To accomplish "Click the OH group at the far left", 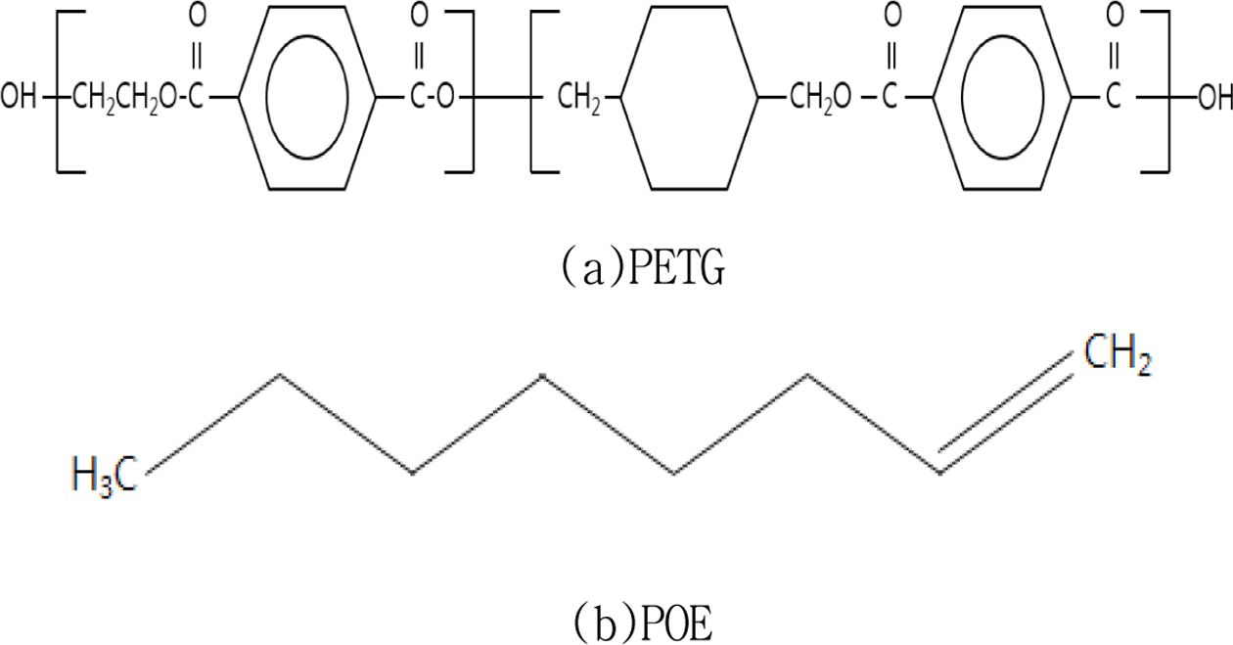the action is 19,98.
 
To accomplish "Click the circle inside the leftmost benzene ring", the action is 266,98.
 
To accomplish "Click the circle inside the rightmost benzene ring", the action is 961,98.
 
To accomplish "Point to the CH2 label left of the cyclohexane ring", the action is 579,99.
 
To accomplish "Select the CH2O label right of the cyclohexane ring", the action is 820,99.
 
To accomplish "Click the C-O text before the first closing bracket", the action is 432,98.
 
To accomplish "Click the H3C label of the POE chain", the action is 105,475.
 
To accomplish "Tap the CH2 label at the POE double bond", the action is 1118,354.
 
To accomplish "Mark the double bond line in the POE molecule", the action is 1006,413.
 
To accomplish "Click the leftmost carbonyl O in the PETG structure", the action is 197,16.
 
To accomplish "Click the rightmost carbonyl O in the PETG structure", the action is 1115,16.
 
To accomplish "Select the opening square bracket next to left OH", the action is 57,92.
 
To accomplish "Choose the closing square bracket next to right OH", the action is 1168,92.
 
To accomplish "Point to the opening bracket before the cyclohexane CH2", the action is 531,92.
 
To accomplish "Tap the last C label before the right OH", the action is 1114,98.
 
